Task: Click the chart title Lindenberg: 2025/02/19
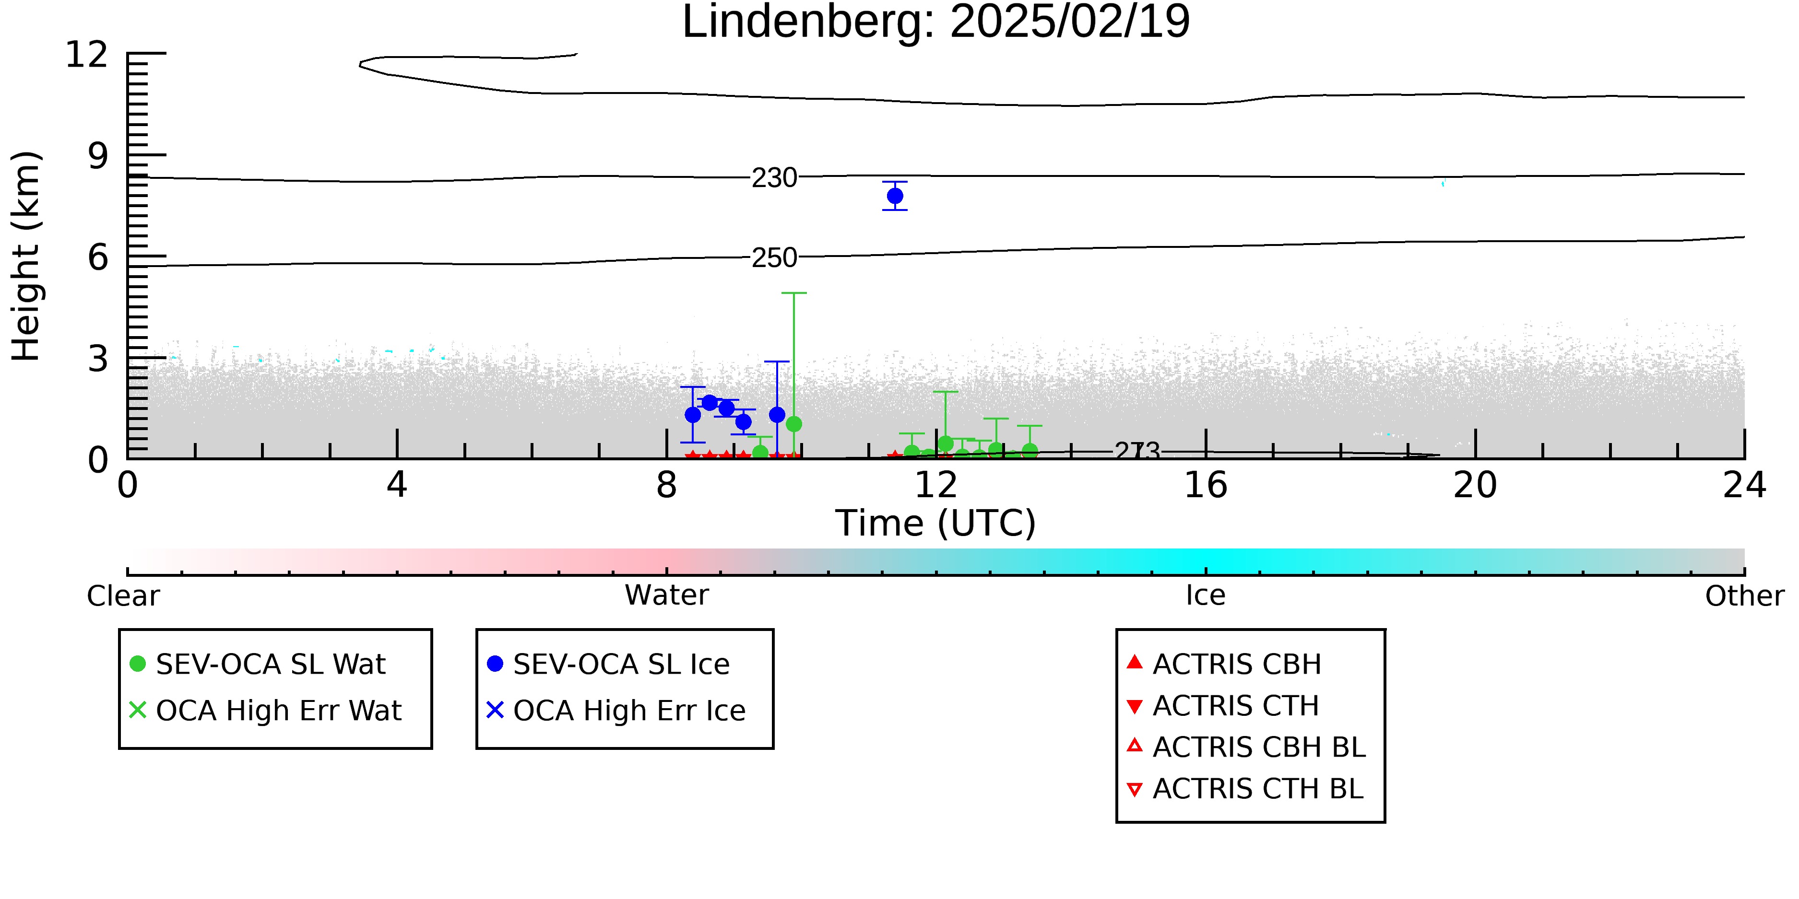(x=936, y=23)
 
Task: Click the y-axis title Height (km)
(x=26, y=256)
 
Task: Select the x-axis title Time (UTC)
(x=936, y=524)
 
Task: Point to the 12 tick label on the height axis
(x=87, y=55)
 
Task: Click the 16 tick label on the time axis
(x=1206, y=485)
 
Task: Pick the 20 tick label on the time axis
(x=1475, y=485)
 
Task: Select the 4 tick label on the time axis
(x=397, y=485)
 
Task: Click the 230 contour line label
(x=774, y=178)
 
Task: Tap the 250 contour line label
(x=774, y=258)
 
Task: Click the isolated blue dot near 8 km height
(x=895, y=196)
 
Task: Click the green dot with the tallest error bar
(x=793, y=424)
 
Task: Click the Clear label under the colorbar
(x=123, y=596)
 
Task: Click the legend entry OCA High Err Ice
(x=616, y=711)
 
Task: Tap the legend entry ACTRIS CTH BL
(x=1245, y=789)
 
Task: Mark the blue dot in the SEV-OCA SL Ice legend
(x=495, y=664)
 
